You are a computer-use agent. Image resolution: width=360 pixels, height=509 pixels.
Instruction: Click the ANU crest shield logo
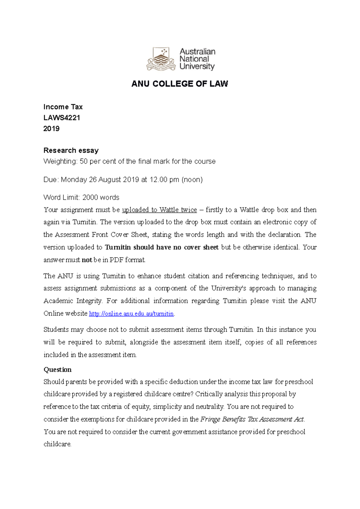coord(161,58)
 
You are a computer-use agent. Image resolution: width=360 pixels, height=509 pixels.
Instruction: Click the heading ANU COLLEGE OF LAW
coord(180,84)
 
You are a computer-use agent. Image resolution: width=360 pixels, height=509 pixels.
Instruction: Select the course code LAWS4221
coord(62,118)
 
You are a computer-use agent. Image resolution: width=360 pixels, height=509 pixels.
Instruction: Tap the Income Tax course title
coord(63,107)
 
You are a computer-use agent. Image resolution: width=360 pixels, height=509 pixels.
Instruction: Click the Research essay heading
coord(71,150)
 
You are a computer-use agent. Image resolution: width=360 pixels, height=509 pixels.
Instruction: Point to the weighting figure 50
coord(84,162)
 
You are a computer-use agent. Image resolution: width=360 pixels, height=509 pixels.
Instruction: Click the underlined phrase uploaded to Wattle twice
coord(159,210)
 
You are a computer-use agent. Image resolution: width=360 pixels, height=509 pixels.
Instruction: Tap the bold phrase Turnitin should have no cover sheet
coord(162,247)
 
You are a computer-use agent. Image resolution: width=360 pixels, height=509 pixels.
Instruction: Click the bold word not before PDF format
coord(87,260)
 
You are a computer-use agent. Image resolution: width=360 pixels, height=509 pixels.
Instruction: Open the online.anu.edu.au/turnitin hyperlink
coord(132,314)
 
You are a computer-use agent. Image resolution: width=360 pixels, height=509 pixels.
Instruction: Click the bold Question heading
coord(58,370)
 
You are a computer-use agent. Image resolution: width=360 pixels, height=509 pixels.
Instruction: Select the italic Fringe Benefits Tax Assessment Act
coord(252,419)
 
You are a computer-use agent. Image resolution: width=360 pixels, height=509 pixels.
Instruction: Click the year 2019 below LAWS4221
coord(52,129)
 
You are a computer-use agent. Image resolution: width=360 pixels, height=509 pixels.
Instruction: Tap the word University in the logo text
coord(197,66)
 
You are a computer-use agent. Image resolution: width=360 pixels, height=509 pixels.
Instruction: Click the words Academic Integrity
coord(73,301)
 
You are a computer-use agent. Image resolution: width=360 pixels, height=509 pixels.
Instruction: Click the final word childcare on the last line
coord(57,444)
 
